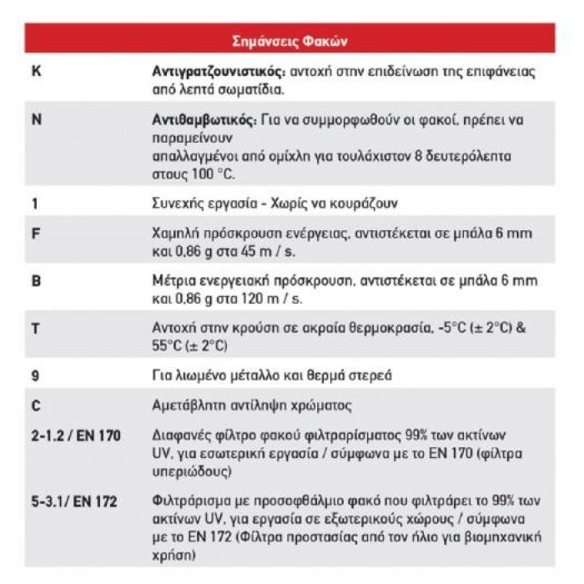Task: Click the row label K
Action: (36, 71)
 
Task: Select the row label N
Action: (36, 119)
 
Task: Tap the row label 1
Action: (35, 202)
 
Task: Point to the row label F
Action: (36, 233)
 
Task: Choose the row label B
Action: (36, 280)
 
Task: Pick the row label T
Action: (36, 328)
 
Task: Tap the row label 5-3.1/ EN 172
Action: (73, 501)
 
